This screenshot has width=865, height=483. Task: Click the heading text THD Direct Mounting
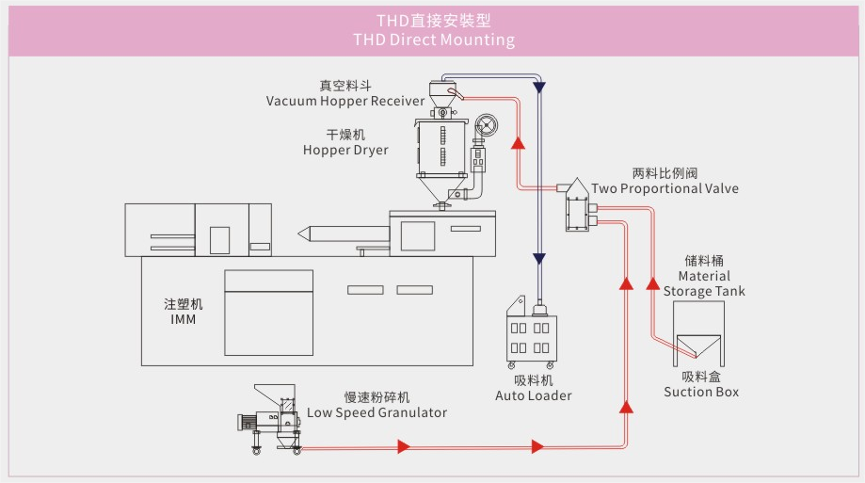click(434, 40)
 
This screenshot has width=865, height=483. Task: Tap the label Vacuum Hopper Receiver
click(344, 101)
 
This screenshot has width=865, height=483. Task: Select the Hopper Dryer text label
click(344, 150)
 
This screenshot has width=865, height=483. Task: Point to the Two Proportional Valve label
click(665, 188)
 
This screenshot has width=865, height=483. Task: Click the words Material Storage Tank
click(704, 283)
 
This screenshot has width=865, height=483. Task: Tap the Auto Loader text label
click(533, 395)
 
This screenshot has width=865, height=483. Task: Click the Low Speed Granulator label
click(376, 412)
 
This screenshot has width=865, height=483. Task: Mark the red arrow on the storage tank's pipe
click(653, 282)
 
